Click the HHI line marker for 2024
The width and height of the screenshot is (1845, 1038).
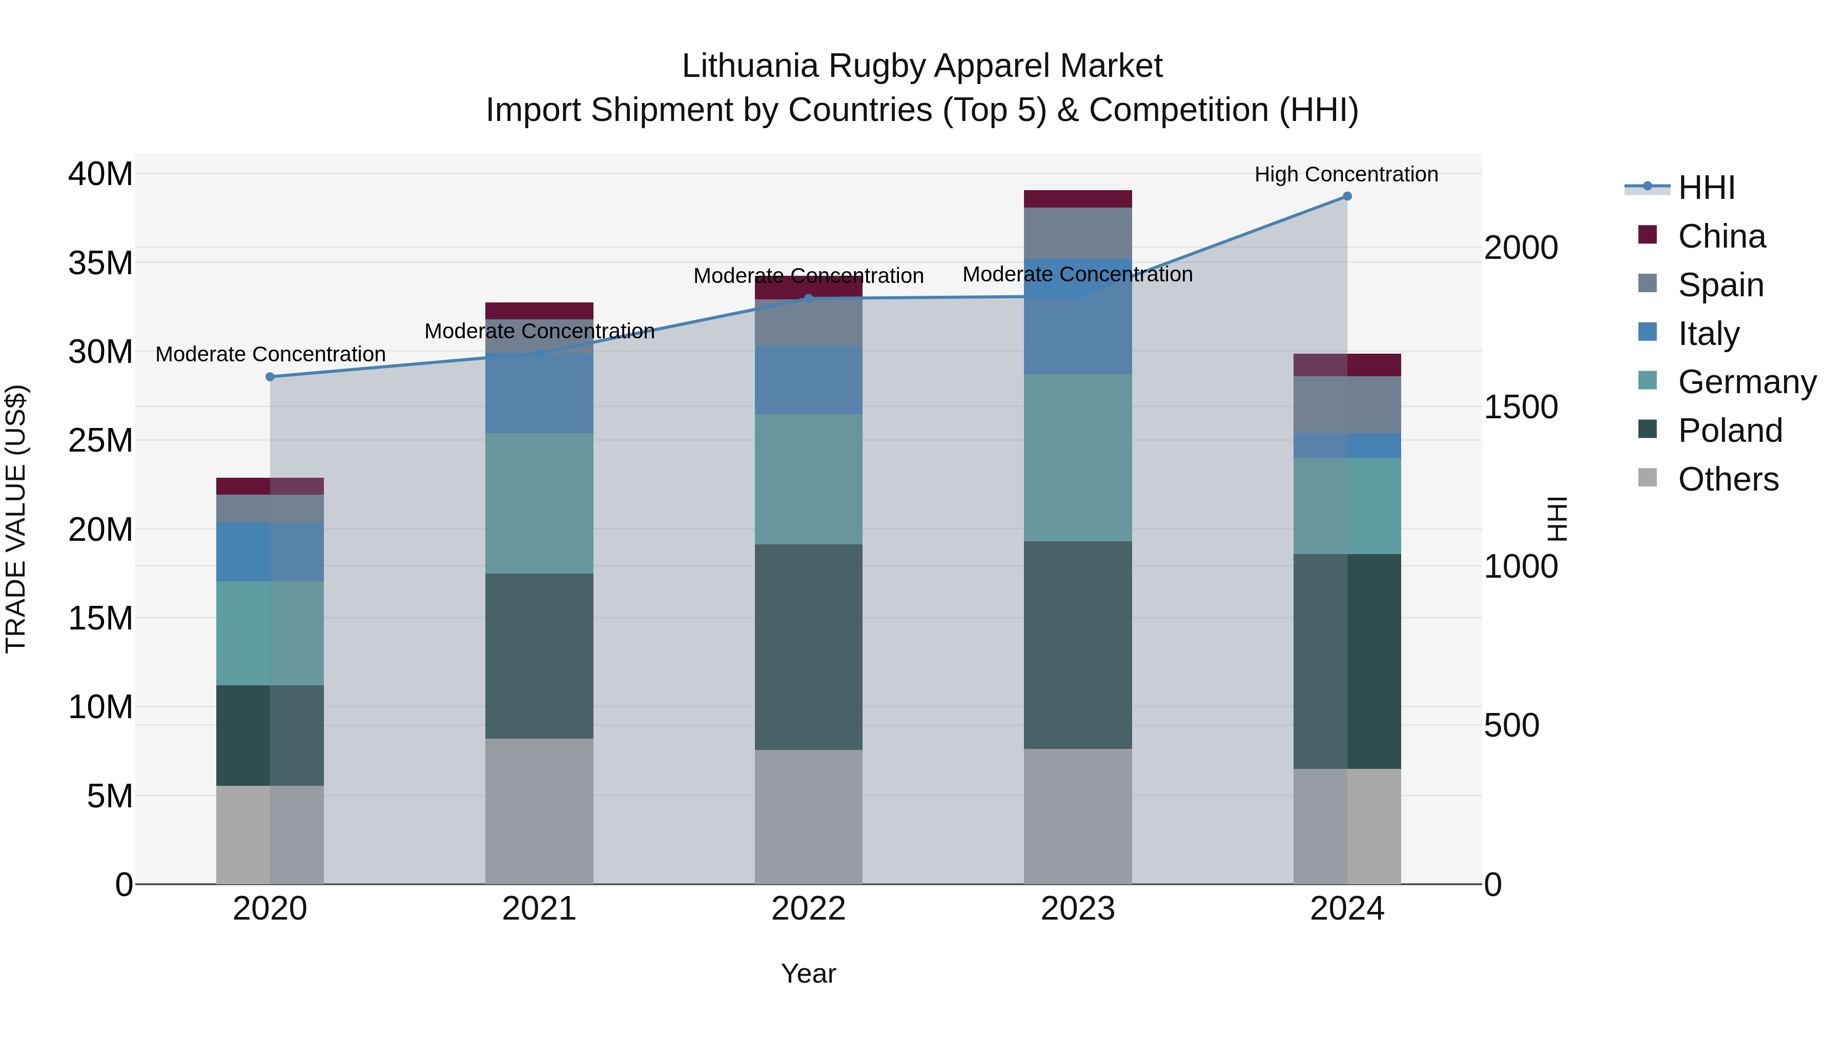(x=1346, y=196)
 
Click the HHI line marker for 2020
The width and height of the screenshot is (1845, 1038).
(x=270, y=377)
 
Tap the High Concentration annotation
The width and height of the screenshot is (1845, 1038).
(x=1346, y=174)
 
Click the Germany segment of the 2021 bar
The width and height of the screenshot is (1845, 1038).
(x=539, y=503)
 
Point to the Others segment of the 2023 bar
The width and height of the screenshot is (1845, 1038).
(x=1077, y=816)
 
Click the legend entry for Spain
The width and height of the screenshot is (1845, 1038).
(x=1720, y=284)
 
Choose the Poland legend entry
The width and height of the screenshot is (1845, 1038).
(x=1730, y=431)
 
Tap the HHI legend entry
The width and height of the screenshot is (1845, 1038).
(x=1706, y=188)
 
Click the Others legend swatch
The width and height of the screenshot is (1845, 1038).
(x=1647, y=478)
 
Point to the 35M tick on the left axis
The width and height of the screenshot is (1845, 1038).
(x=100, y=263)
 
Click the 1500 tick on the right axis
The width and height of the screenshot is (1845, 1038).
(x=1521, y=407)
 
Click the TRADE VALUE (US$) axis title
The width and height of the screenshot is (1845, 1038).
(x=16, y=519)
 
